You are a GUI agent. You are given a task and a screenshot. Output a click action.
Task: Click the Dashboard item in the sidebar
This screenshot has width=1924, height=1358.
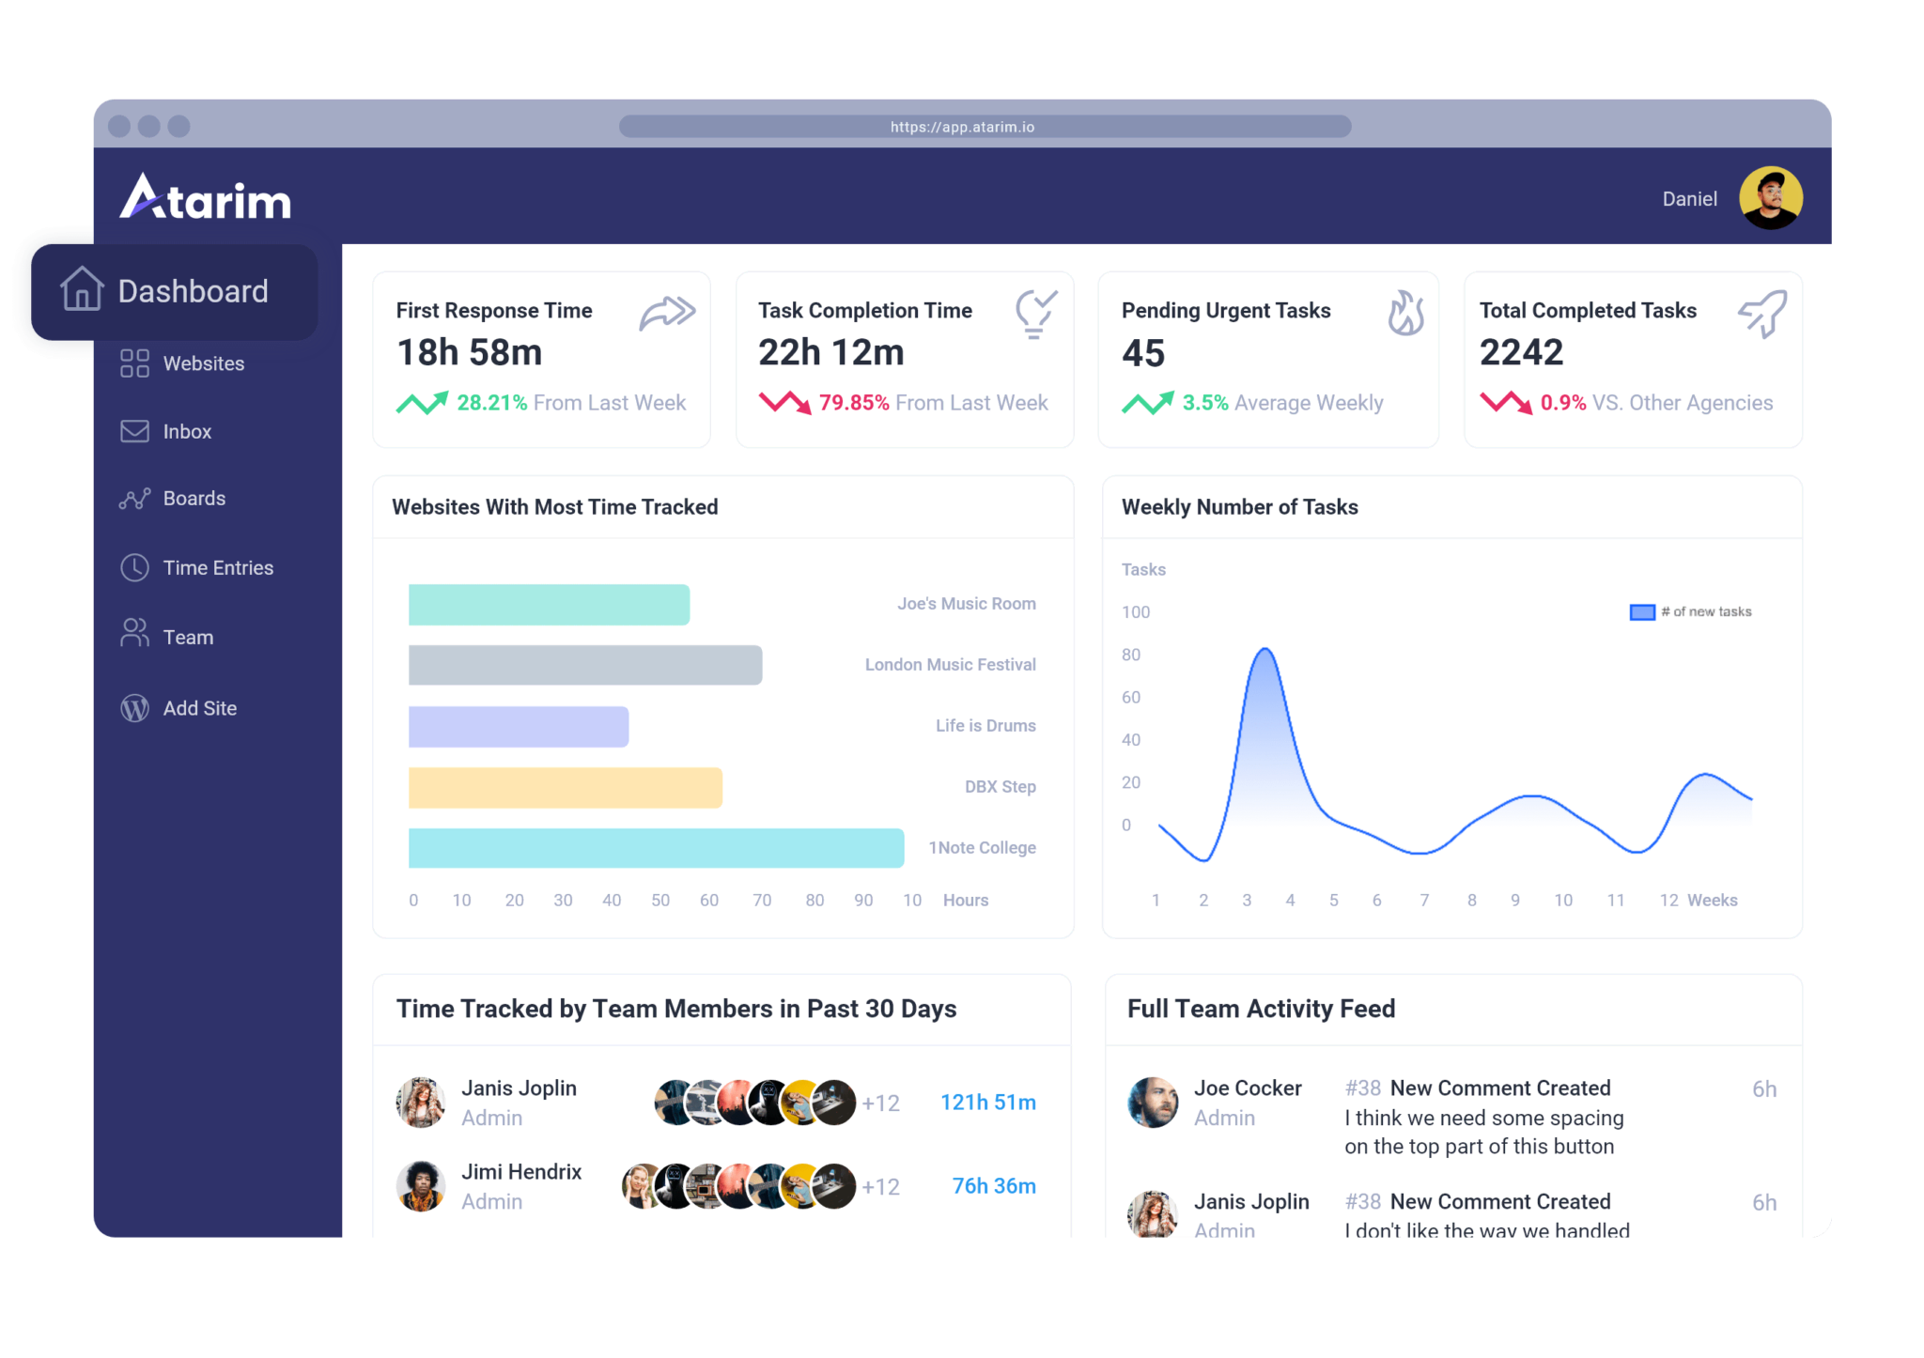175,291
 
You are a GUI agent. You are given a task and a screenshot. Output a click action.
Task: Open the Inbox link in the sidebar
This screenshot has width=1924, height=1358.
186,432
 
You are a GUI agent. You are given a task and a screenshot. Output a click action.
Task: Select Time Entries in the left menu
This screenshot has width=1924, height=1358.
217,568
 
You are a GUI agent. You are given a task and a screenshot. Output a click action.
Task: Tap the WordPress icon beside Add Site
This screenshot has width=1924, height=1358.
134,708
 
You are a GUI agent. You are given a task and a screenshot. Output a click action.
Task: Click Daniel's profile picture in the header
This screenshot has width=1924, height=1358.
1770,198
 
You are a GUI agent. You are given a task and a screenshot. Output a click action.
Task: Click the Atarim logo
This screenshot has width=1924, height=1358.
206,197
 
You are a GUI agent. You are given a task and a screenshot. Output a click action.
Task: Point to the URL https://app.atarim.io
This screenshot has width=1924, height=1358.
962,127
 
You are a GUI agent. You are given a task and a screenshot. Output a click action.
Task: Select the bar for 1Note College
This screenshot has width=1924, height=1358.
656,848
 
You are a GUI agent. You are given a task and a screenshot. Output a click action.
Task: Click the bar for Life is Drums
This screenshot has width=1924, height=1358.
519,726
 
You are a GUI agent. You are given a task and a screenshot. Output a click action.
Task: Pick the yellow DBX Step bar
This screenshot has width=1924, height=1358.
565,787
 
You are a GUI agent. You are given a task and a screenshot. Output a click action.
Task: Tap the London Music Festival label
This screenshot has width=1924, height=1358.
950,665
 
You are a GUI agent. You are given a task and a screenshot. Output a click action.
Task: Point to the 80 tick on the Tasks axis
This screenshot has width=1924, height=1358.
1131,655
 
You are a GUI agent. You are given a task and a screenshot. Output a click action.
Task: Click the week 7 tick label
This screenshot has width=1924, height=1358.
1424,900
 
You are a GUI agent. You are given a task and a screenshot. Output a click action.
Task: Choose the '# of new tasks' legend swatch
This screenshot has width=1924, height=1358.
1641,612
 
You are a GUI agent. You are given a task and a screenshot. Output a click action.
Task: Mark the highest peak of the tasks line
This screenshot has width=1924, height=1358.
1265,649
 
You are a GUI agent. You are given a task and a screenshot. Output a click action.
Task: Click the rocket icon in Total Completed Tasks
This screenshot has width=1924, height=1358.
1762,314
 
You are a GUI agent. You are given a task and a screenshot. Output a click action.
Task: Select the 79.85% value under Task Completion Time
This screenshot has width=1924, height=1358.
853,403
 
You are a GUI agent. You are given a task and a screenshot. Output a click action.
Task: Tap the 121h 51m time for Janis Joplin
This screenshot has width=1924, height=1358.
987,1103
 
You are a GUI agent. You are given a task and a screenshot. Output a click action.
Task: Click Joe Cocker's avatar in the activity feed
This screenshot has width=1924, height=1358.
1153,1102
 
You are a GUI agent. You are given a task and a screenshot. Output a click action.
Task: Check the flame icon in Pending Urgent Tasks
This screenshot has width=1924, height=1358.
1405,313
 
